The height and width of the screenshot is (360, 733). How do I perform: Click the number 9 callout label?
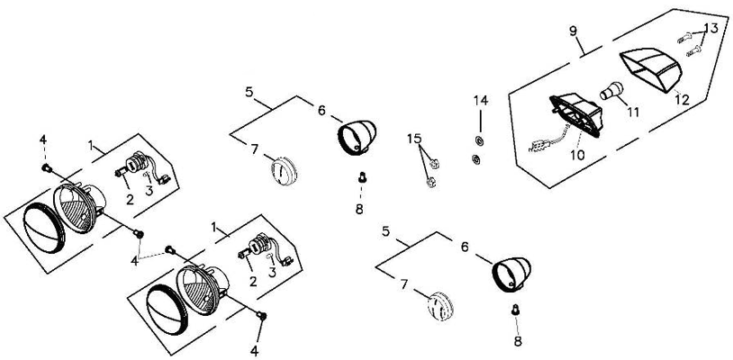click(x=574, y=31)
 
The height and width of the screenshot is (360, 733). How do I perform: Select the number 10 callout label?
click(x=577, y=155)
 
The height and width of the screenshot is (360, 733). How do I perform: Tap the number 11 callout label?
click(x=633, y=112)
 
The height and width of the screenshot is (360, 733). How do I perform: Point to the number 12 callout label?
click(x=682, y=100)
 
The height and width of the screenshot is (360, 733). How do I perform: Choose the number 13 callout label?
click(x=710, y=29)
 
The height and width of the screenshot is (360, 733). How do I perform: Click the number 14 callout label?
click(x=481, y=101)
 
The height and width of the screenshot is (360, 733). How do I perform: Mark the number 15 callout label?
click(x=414, y=139)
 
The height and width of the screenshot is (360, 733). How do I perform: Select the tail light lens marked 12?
click(x=650, y=70)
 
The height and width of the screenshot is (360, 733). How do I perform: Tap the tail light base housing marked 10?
click(x=576, y=115)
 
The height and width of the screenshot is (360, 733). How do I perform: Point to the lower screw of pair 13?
click(x=693, y=51)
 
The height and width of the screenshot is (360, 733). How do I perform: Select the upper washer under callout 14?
click(x=479, y=140)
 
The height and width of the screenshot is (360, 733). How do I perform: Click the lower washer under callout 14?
click(x=475, y=159)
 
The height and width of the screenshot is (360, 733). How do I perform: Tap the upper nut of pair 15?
click(x=433, y=164)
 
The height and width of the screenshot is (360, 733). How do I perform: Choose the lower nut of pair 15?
click(x=431, y=182)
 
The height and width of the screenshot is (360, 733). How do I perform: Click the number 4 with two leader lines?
click(x=135, y=260)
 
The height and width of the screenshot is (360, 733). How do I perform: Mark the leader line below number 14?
click(x=480, y=120)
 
